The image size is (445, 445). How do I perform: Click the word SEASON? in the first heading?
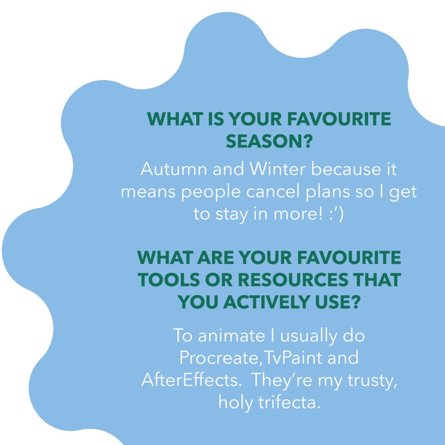(x=269, y=141)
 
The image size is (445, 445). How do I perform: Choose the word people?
(x=211, y=193)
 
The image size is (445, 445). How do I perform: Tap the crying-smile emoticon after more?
(x=336, y=215)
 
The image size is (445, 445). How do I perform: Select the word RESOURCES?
(x=293, y=279)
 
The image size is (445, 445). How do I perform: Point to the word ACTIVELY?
(x=266, y=302)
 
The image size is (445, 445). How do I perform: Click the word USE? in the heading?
(x=337, y=302)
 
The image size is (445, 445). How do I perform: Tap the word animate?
(x=231, y=336)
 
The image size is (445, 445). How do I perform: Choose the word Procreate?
(x=219, y=358)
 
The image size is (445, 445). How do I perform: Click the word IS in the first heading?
(x=216, y=119)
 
